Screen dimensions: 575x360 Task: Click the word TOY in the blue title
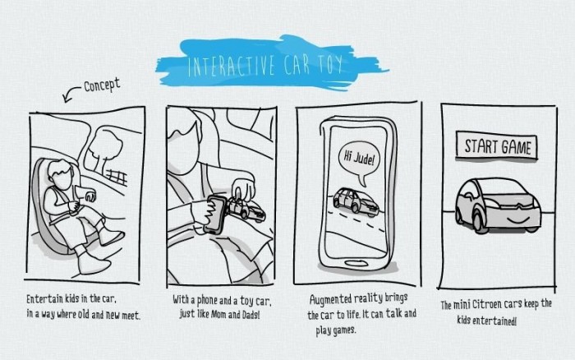[x=330, y=65]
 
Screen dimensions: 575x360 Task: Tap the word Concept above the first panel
[x=102, y=85]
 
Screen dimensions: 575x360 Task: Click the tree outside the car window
[x=103, y=147]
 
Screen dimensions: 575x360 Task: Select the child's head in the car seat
[x=62, y=173]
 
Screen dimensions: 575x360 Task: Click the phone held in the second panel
[x=215, y=215]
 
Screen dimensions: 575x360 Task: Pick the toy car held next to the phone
[x=246, y=210]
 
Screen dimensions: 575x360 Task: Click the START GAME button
[x=497, y=146]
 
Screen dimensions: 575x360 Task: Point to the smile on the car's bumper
[x=517, y=221]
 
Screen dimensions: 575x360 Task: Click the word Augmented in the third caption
[x=330, y=299]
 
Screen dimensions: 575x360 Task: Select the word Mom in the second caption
[x=218, y=315]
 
